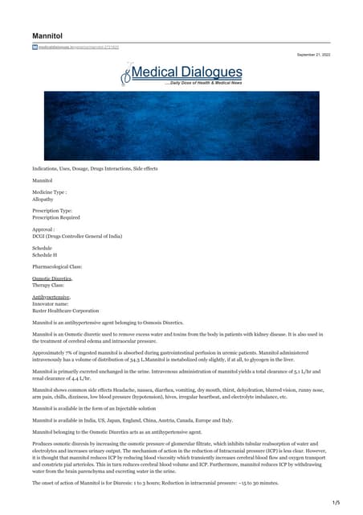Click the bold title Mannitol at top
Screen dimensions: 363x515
(47, 37)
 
